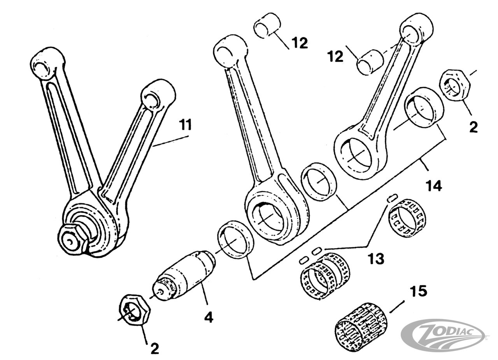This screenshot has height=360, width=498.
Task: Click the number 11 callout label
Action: [x=186, y=125]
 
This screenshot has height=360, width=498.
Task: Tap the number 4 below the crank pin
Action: [x=209, y=318]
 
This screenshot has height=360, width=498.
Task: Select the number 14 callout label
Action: [x=433, y=186]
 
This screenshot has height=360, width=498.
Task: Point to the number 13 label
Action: [x=376, y=258]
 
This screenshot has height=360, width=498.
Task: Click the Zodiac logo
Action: [x=443, y=334]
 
